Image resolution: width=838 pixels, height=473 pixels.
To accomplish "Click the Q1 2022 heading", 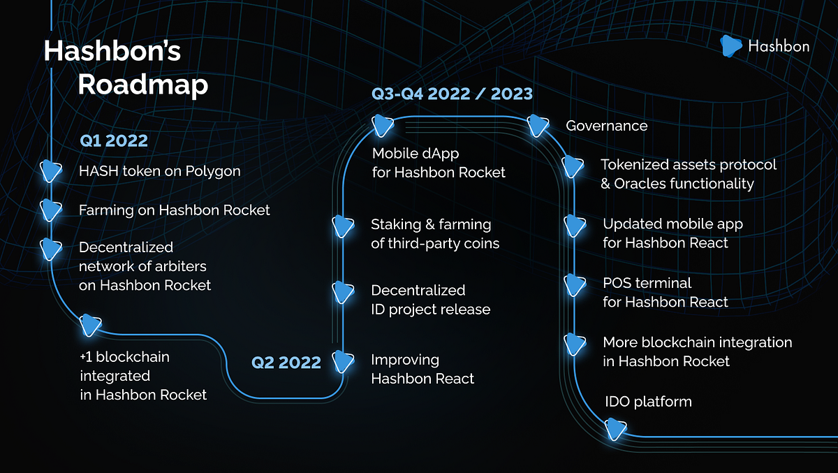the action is [114, 140].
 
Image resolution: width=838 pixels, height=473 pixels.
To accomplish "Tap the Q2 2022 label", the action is [286, 362].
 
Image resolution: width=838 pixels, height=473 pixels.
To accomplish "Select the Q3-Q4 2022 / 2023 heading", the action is [452, 94].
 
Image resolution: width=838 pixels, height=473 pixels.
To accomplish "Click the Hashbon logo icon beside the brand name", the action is [730, 46].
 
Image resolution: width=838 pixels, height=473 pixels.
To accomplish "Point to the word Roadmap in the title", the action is [143, 85].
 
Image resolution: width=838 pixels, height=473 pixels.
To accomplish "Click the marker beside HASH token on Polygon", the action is [51, 171].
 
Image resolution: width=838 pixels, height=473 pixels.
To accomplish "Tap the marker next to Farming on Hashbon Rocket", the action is [51, 210].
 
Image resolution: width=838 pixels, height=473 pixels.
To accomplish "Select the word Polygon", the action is [213, 172].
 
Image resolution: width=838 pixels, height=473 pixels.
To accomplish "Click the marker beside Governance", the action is [538, 126].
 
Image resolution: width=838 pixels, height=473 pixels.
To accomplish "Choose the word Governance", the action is [606, 126].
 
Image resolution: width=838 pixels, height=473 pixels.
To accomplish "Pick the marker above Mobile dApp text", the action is [383, 126].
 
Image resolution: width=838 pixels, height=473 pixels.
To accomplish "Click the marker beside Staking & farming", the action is [343, 226].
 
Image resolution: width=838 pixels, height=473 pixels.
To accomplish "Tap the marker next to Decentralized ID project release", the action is [343, 292].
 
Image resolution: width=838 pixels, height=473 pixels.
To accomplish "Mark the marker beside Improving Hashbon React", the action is [343, 362].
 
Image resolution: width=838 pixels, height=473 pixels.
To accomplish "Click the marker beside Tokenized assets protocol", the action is [573, 166].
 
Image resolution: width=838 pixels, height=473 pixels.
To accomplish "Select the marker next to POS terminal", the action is [575, 285].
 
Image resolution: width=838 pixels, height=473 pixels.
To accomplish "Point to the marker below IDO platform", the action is [615, 429].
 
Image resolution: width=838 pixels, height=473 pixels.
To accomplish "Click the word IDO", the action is [617, 402].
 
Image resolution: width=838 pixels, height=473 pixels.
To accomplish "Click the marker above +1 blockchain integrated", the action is [90, 325].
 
